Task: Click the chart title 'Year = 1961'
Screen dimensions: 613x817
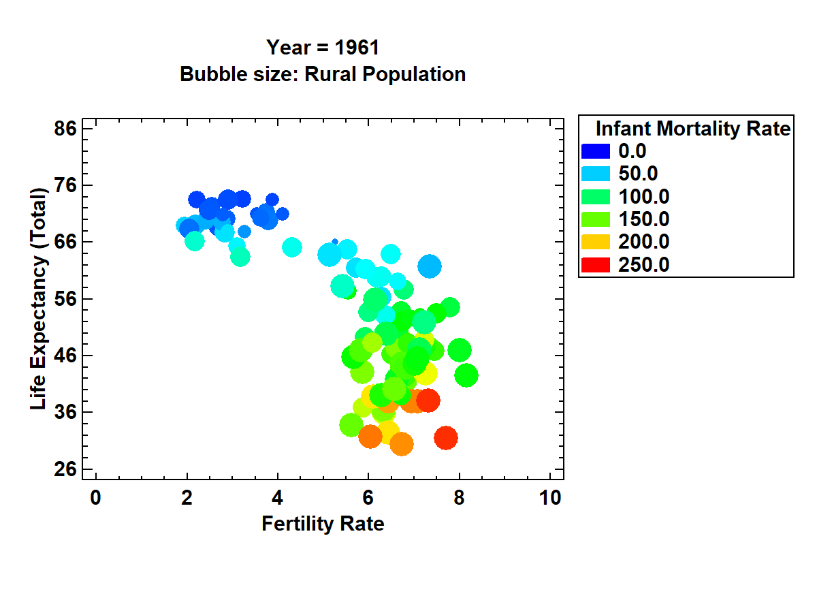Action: click(323, 48)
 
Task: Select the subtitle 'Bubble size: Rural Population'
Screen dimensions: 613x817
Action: click(323, 74)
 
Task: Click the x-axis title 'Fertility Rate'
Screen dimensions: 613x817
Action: click(323, 524)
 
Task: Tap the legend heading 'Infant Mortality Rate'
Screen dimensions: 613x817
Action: click(692, 128)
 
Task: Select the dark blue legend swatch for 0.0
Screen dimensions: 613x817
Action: click(596, 151)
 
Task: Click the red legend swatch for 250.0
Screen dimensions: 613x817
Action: click(596, 265)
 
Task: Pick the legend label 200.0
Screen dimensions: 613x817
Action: click(643, 242)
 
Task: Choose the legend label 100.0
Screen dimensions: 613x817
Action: click(643, 197)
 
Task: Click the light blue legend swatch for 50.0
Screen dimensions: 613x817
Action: click(596, 174)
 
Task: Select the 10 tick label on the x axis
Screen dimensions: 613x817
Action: click(550, 499)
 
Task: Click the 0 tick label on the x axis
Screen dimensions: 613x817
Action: click(95, 499)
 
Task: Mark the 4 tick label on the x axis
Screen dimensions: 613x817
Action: click(277, 499)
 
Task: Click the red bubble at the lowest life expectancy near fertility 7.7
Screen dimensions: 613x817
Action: click(446, 438)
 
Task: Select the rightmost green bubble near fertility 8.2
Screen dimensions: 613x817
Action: click(466, 375)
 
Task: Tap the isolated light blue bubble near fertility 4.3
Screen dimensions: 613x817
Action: click(292, 247)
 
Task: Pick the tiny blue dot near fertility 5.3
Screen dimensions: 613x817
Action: click(334, 242)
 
